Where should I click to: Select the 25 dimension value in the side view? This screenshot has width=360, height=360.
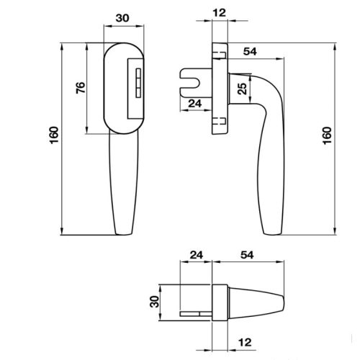pyautogui.click(x=243, y=89)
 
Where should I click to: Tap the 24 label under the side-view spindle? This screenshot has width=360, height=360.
pyautogui.click(x=194, y=103)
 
